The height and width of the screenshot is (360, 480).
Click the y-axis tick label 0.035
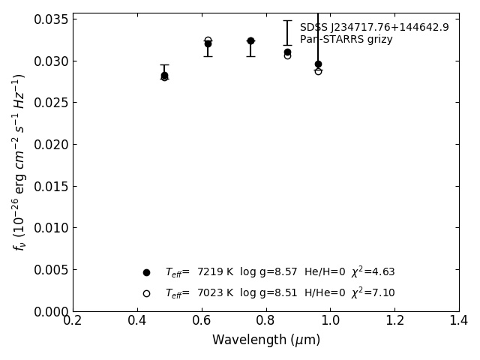point(51,19)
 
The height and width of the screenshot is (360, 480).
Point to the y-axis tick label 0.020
point(51,144)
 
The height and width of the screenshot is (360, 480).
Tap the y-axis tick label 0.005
point(51,269)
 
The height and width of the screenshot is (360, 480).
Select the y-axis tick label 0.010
point(51,228)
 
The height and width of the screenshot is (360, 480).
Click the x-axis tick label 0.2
point(73,321)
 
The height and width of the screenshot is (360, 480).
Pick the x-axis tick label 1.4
point(459,321)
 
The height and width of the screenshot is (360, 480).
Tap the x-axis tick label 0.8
point(265,321)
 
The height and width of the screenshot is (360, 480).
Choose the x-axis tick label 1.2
point(394,321)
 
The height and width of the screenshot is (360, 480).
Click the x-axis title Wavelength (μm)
point(265,340)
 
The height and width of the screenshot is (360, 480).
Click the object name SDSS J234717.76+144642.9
point(374,28)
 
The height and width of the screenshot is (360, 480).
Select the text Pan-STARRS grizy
point(346,40)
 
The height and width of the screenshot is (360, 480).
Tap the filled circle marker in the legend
point(146,272)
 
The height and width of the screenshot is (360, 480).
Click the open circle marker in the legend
point(146,293)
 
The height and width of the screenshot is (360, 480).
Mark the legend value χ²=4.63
point(373,271)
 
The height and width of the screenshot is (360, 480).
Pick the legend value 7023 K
point(215,293)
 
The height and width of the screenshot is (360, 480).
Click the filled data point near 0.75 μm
point(250,40)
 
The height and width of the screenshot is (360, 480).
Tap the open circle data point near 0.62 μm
point(208,40)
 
